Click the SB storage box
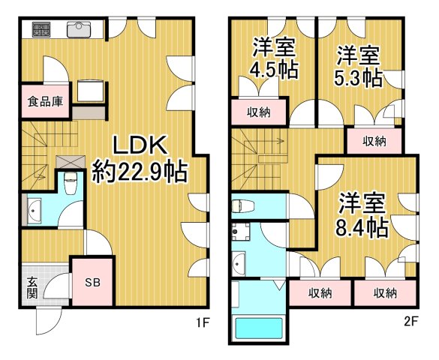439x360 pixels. click(92, 282)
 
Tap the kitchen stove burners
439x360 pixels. click(41, 30)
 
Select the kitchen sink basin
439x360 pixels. click(77, 30)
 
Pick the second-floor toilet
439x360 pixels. click(242, 204)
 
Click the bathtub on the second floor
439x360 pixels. click(258, 329)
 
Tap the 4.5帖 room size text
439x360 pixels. click(273, 70)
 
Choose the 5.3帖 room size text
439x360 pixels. click(359, 76)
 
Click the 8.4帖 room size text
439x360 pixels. click(362, 226)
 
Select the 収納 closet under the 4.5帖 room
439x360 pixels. click(258, 113)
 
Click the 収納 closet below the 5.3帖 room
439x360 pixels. click(374, 140)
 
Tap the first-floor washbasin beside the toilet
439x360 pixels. click(35, 211)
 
